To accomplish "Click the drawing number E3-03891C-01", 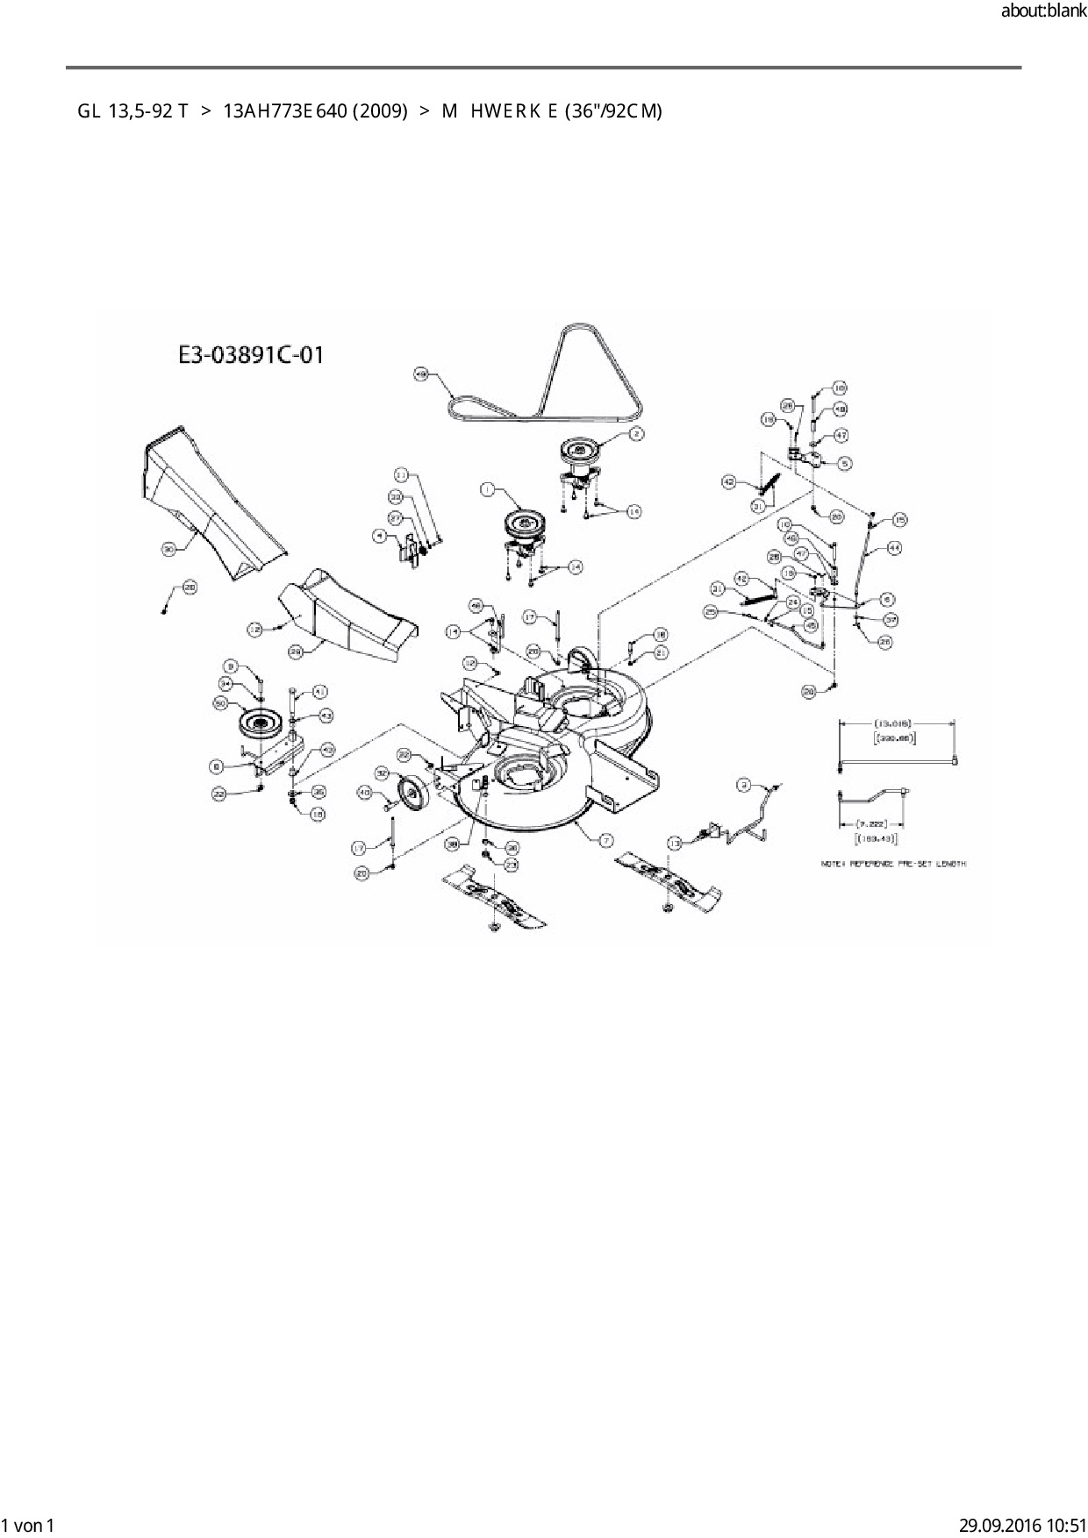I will click(251, 355).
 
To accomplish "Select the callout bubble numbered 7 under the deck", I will click(606, 840).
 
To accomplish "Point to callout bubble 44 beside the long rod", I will click(894, 547).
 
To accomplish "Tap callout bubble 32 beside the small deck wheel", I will click(382, 773).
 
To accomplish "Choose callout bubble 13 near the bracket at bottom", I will click(674, 842).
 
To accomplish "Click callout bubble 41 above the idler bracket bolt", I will click(319, 692).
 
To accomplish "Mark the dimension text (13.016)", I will click(895, 723).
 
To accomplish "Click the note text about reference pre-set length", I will click(893, 864).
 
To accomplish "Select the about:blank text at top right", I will click(1043, 12).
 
